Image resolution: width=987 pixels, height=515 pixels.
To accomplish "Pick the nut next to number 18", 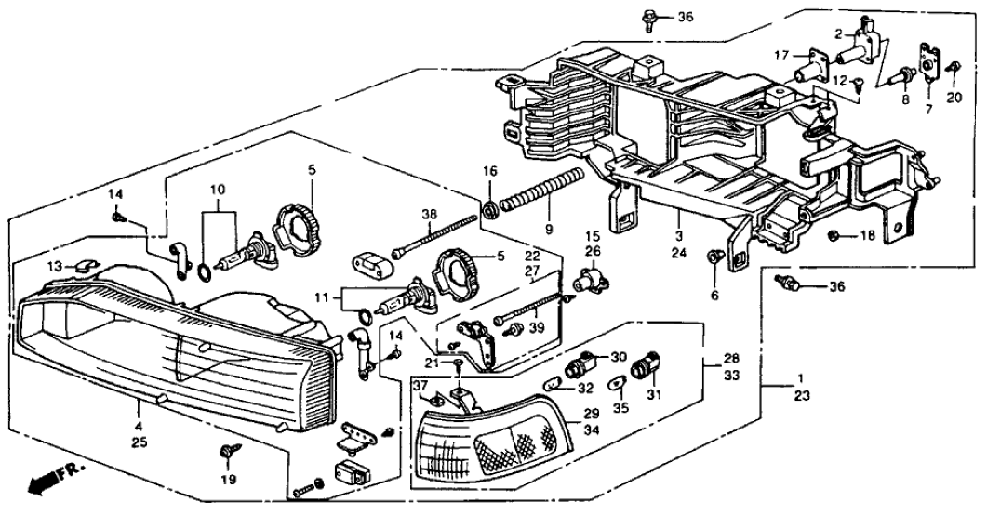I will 835,236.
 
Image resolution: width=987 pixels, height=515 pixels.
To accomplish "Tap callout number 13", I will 56,266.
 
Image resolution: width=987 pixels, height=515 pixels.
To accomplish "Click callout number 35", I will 620,406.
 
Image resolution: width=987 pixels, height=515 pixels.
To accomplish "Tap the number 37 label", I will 420,386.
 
